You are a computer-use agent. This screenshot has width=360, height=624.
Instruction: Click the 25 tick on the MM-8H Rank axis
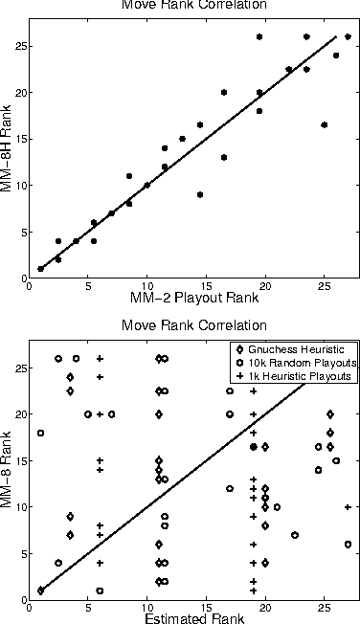pos(19,46)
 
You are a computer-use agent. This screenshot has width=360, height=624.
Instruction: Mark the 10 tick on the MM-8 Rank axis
pos(19,506)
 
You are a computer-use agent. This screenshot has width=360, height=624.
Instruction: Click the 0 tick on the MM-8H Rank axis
pos(22,278)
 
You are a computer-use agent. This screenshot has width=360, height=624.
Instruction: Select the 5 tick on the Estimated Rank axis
pos(88,607)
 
